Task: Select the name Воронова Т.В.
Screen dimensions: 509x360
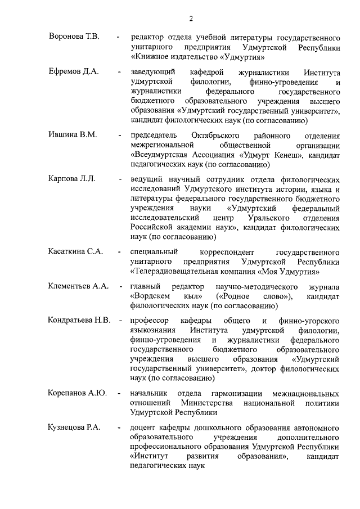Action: click(x=74, y=37)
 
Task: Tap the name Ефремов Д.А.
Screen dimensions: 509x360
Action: click(x=73, y=73)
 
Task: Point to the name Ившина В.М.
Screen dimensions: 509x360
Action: click(x=73, y=136)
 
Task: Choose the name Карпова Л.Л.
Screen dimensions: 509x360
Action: click(x=72, y=179)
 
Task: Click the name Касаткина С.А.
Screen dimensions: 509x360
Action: click(x=75, y=251)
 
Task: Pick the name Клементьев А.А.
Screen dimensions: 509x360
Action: click(x=78, y=286)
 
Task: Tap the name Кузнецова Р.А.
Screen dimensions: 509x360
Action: click(x=75, y=428)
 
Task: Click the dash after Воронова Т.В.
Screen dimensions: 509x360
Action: click(x=118, y=38)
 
